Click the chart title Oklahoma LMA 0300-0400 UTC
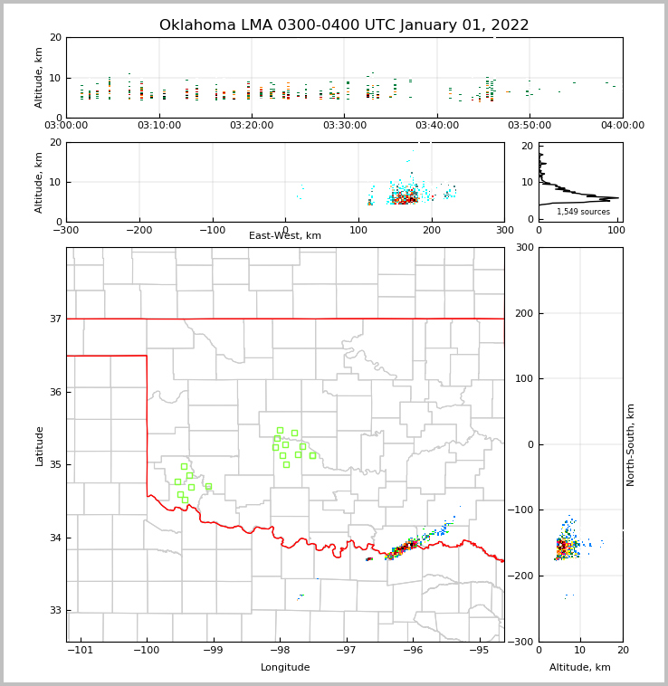coord(344,25)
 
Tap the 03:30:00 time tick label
coord(345,126)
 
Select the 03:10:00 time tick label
coord(159,126)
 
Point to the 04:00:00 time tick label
coord(623,126)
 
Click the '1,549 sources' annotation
coord(583,212)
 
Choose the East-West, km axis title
coord(285,236)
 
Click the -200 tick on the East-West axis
coord(138,230)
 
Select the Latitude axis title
coord(40,445)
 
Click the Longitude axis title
coord(285,668)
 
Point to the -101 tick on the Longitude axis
coord(80,651)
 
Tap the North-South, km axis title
coord(631,445)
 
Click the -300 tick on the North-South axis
coord(522,643)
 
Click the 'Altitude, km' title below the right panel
coord(580,668)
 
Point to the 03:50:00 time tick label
coord(530,126)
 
